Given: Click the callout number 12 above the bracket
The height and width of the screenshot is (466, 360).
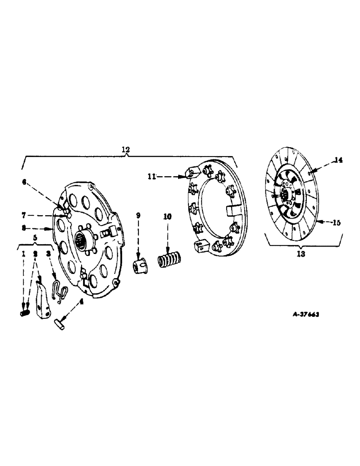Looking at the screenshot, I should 125,150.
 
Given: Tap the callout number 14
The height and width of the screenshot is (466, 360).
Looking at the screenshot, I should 338,160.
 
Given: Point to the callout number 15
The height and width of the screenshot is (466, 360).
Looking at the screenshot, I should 336,223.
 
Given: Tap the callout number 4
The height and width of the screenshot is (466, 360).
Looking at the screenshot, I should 82,301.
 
